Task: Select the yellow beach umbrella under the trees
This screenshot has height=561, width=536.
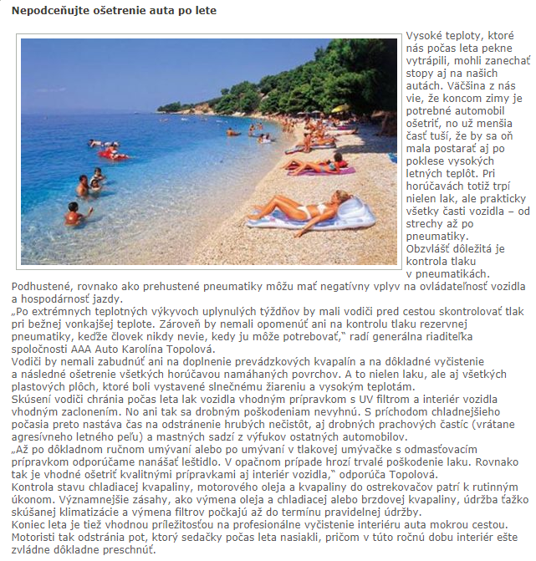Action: [339, 109]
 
